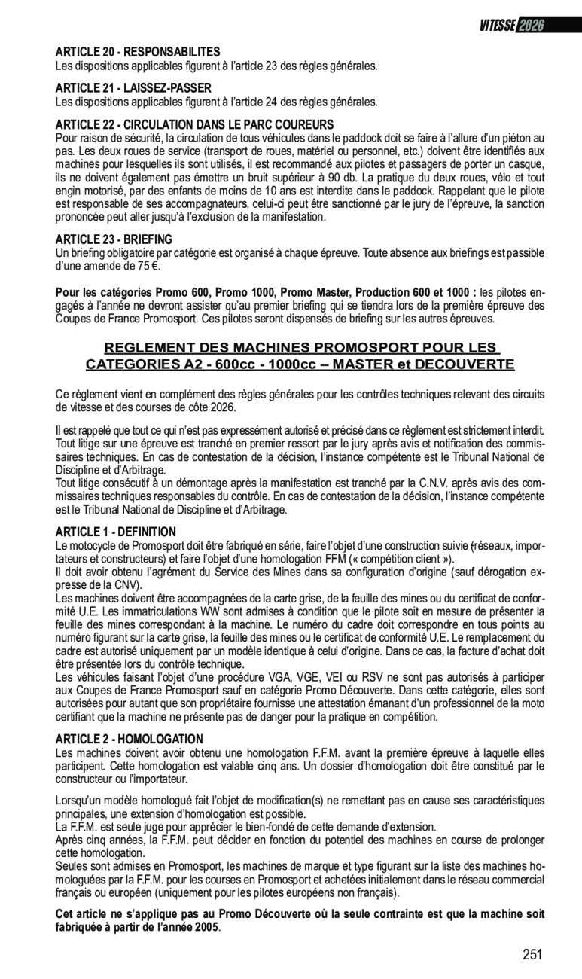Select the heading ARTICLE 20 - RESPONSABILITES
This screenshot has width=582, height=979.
[x=138, y=52]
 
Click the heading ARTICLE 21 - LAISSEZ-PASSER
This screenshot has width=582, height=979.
[x=133, y=88]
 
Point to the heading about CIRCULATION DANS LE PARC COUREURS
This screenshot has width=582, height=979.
[x=194, y=124]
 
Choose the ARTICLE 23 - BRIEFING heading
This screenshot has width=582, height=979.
[x=114, y=239]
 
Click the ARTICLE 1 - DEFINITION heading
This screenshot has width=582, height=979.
[x=116, y=532]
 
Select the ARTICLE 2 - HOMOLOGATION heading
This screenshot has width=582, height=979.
[x=130, y=739]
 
